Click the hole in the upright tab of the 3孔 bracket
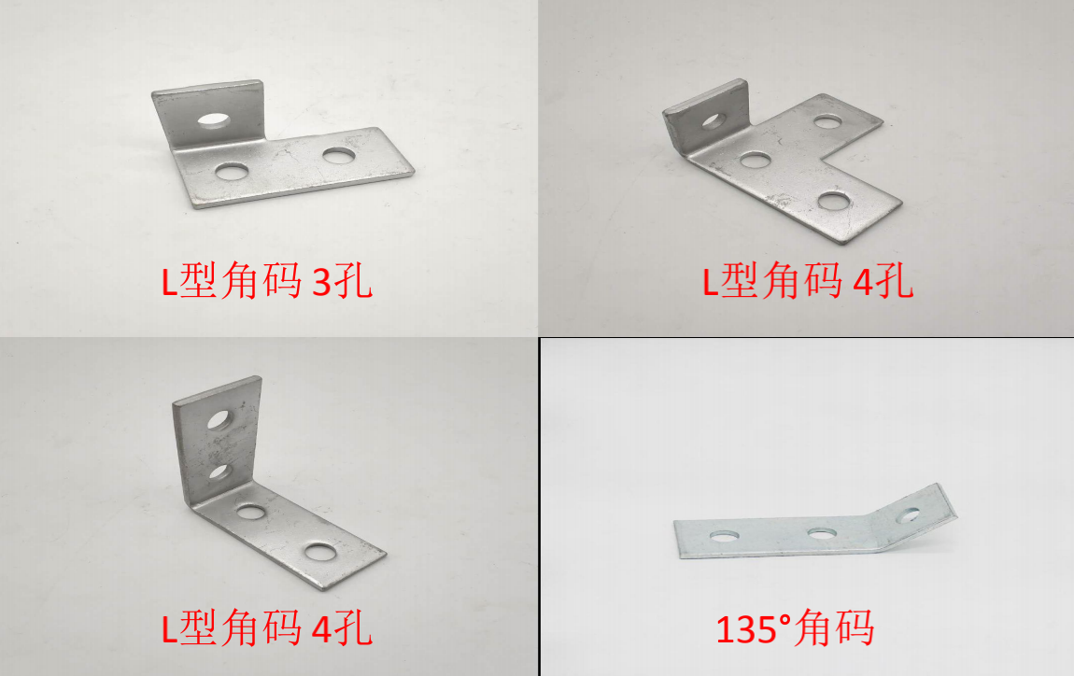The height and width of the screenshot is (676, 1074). (213, 120)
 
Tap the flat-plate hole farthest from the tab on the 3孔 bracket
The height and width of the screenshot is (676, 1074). (339, 156)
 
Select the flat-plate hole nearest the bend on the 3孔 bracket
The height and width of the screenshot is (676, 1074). (233, 171)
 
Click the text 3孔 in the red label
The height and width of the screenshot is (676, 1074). (342, 281)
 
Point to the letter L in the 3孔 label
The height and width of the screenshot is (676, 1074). (170, 281)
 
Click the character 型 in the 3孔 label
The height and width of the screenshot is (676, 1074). (199, 280)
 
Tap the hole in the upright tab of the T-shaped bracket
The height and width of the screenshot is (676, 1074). (713, 121)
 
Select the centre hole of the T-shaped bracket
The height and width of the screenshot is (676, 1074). (756, 161)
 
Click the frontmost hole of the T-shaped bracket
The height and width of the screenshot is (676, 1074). (834, 201)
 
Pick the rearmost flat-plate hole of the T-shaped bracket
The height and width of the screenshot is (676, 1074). (827, 122)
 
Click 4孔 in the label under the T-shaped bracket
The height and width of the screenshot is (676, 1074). (883, 281)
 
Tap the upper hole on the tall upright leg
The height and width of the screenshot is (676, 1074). (219, 420)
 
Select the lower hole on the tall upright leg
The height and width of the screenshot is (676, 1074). (219, 472)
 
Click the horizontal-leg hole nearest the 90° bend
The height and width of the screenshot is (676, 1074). (251, 512)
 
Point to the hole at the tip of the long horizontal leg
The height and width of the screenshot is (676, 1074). (319, 551)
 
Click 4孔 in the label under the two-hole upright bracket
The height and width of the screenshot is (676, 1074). (342, 628)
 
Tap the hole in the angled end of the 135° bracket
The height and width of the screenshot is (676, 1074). (908, 515)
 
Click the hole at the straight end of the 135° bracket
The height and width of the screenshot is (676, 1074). (724, 535)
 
